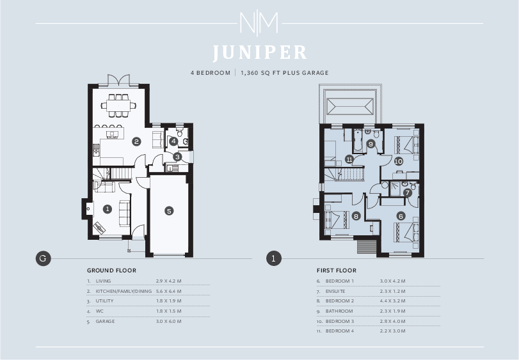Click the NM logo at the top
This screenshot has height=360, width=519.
pos(259,24)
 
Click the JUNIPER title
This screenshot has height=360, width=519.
pos(259,52)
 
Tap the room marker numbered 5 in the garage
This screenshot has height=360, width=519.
pos(169,210)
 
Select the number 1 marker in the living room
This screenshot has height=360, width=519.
pos(108,208)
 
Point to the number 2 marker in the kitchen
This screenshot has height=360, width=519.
pos(136,141)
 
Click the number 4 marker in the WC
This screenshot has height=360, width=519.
pos(173,141)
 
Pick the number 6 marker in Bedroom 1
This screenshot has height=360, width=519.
pos(401,216)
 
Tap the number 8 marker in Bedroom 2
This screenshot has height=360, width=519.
pos(356,216)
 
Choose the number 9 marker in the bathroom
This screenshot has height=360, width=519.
pos(371,144)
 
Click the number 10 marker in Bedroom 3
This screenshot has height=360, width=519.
pos(398,161)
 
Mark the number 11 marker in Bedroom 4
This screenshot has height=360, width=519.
pos(349,159)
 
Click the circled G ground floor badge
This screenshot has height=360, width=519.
pos(42,258)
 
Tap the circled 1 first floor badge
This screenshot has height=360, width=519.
pos(273,258)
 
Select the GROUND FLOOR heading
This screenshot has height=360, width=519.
pos(111,270)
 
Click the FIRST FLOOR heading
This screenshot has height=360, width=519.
pos(337,270)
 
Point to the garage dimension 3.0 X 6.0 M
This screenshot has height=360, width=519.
pos(168,321)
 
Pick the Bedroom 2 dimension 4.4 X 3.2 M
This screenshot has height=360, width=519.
pos(392,301)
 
